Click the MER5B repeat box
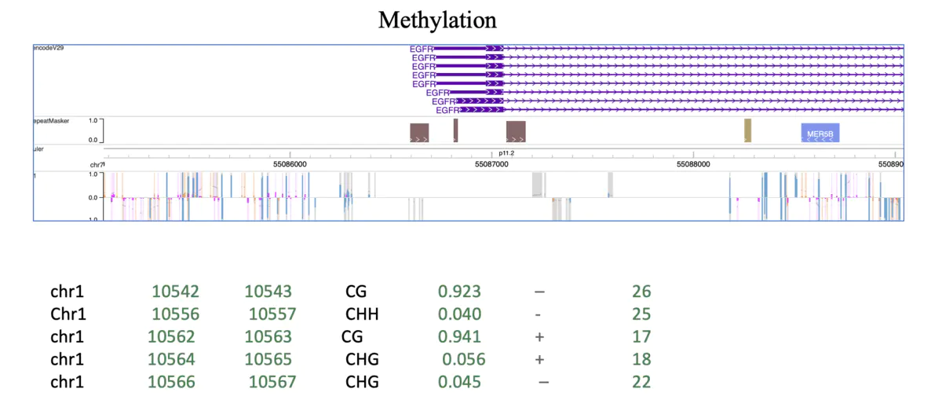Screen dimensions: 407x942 820,133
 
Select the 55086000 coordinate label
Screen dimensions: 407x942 290,164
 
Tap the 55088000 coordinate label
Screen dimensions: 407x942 693,164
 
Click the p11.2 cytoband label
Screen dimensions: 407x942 506,154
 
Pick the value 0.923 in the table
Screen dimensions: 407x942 459,291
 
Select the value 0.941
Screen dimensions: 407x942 459,337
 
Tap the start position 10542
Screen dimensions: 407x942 176,291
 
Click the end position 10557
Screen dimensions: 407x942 272,314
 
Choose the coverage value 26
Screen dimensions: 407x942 641,291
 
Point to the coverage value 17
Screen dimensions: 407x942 641,337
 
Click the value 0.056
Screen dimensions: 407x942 464,360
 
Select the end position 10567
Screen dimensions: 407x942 272,383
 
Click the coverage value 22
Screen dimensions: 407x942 641,383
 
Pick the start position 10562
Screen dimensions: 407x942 171,337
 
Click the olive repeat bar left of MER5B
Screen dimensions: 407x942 748,130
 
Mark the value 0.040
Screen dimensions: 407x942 459,314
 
